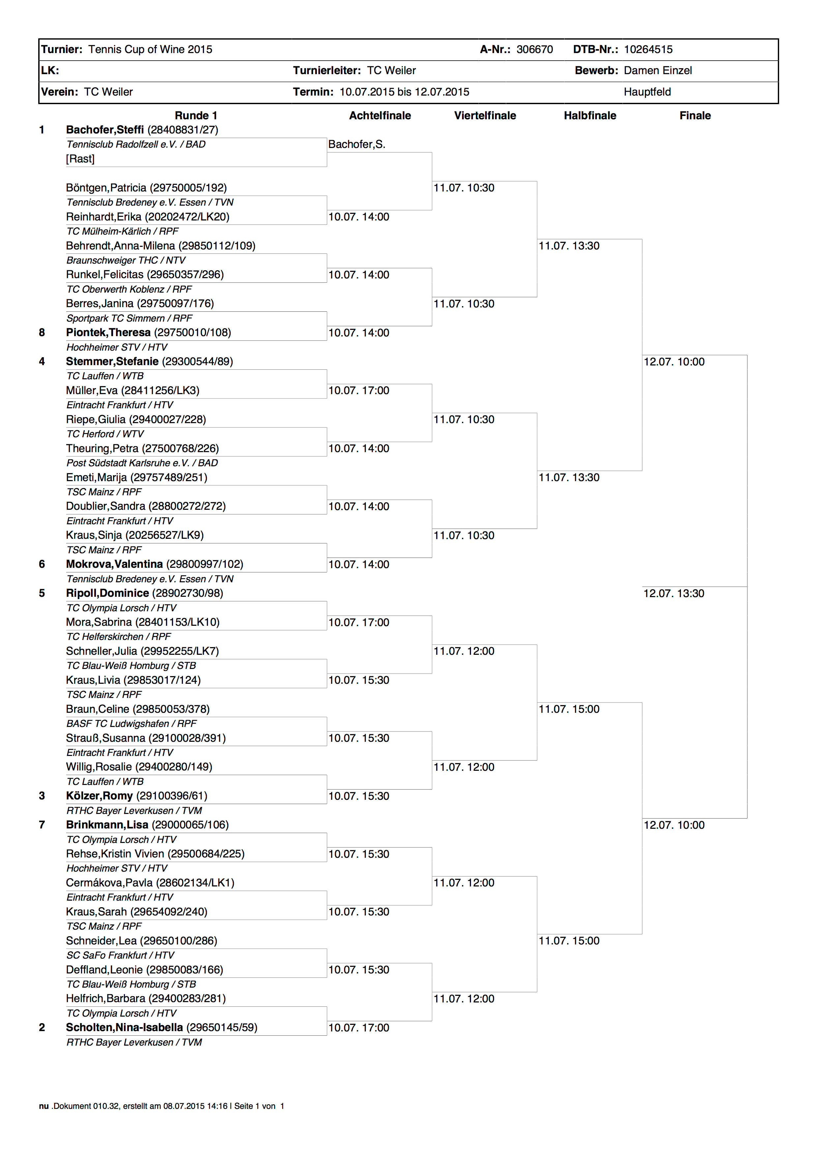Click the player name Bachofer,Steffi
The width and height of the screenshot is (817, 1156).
click(105, 130)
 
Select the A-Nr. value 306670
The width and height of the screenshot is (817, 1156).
click(534, 49)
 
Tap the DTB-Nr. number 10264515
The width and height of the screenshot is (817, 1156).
click(648, 49)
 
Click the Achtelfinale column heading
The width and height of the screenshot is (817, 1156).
click(380, 116)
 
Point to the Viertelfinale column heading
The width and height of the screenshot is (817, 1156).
click(485, 116)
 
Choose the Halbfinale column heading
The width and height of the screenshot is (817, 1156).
click(590, 116)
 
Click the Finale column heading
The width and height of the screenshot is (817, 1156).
click(695, 116)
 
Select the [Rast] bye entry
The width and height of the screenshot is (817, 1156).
click(80, 159)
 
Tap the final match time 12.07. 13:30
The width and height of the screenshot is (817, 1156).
click(674, 593)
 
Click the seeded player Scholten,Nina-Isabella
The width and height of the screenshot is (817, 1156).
click(124, 1027)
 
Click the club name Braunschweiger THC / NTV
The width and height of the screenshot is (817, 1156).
click(126, 260)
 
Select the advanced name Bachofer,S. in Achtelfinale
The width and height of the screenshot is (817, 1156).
click(356, 144)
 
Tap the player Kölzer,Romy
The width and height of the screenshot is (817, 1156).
click(99, 796)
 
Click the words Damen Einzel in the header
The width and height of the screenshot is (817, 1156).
click(657, 71)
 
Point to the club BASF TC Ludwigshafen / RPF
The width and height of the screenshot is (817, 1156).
click(131, 724)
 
